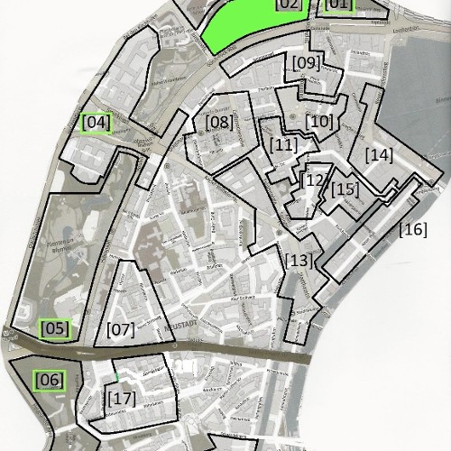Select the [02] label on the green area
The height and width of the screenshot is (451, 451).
point(289,5)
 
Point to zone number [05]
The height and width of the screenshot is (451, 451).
point(55,329)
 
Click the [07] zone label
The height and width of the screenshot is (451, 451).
point(120,329)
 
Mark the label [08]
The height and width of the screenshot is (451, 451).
point(219,122)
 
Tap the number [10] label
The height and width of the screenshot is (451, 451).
point(319,121)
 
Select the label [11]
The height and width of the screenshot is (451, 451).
point(283,144)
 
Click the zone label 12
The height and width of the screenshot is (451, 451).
point(313,179)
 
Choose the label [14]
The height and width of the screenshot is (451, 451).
point(379,155)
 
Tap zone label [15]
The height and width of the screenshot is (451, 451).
point(345,189)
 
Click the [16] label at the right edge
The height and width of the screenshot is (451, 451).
point(412,230)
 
